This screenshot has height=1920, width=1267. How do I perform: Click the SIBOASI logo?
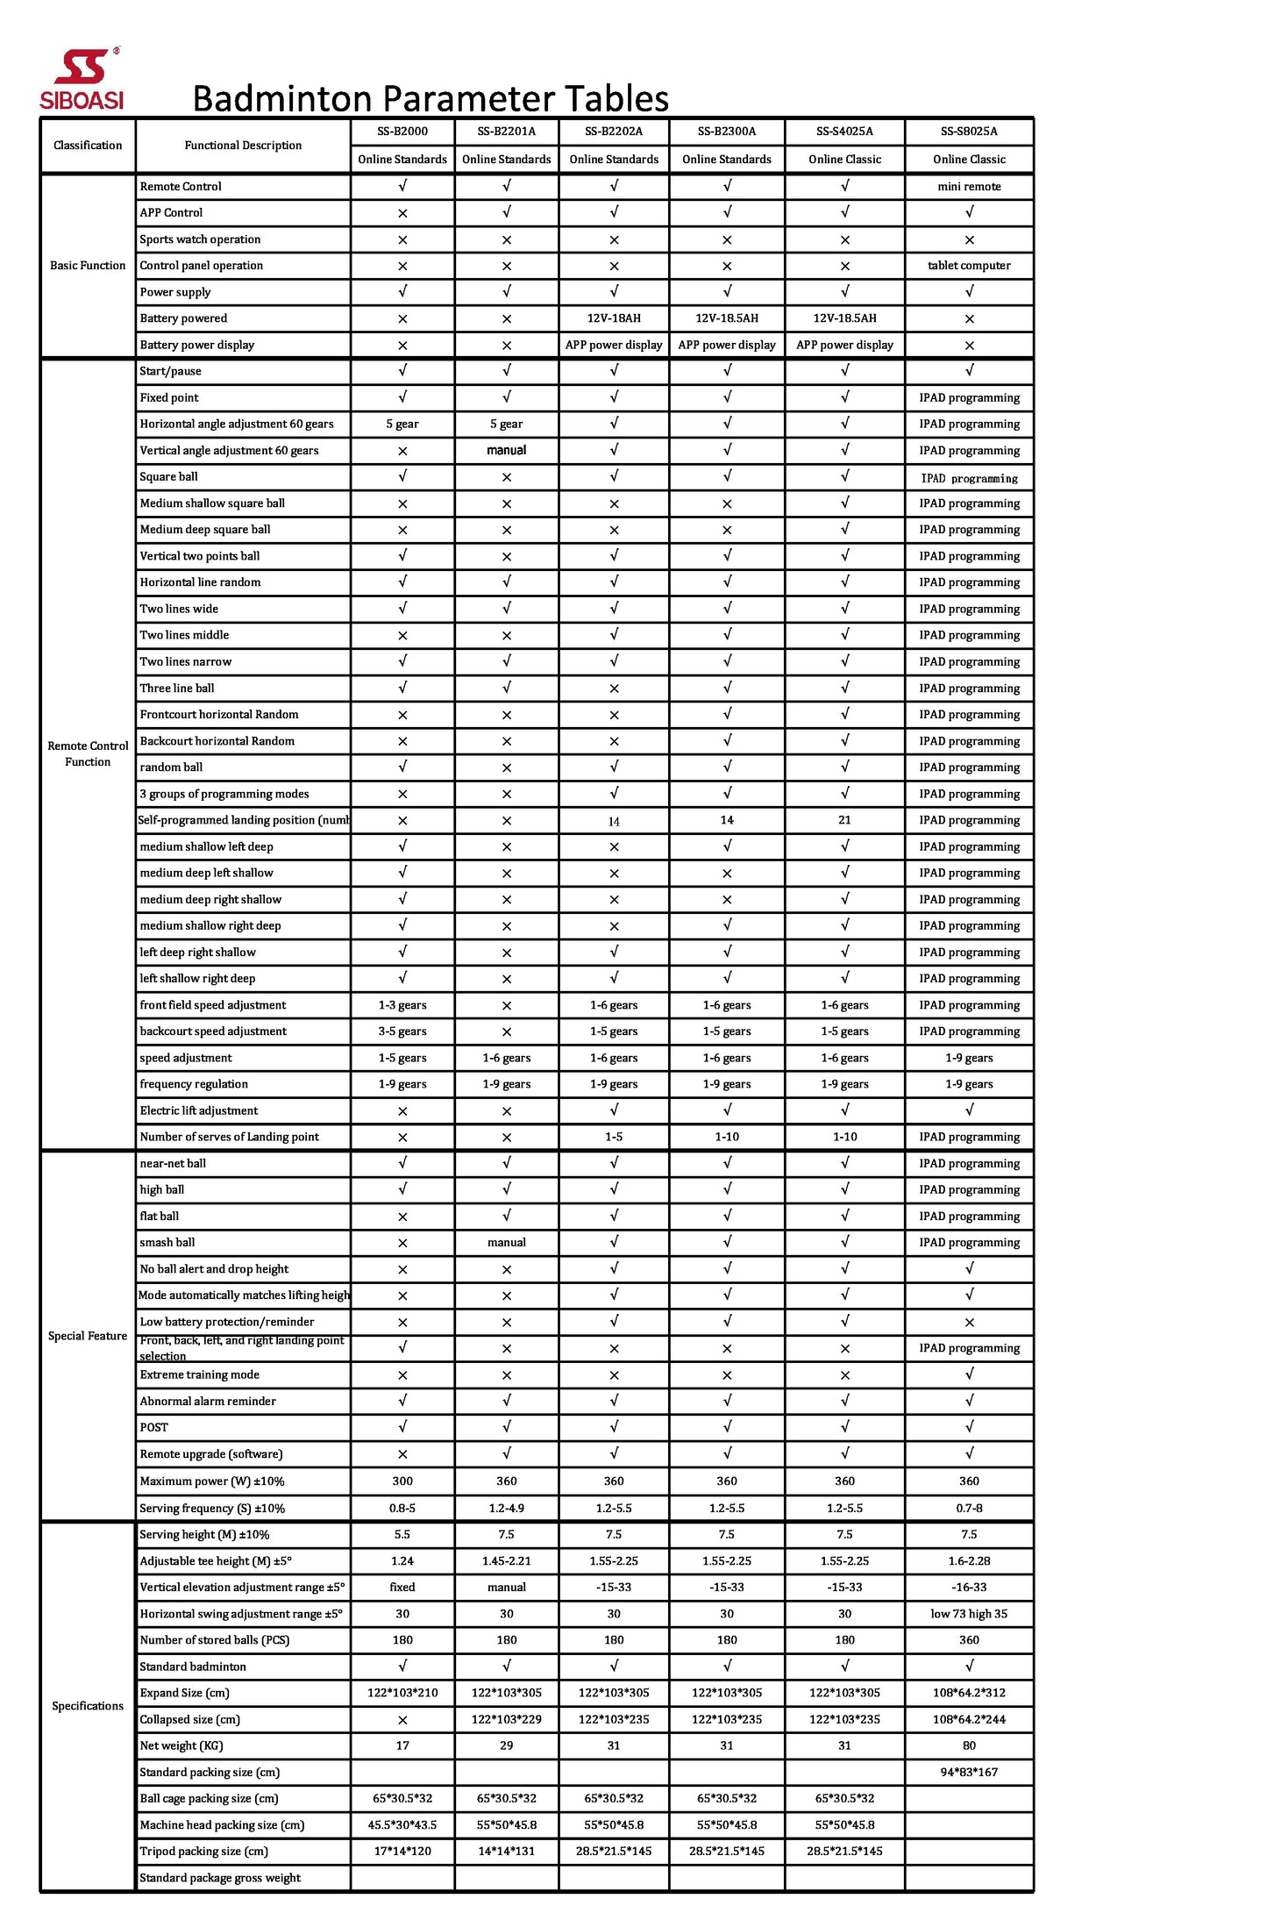[82, 80]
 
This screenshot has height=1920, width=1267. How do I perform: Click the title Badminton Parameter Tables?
[430, 98]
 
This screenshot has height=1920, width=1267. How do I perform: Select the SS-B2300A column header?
[726, 132]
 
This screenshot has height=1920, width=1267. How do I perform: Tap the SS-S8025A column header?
[968, 132]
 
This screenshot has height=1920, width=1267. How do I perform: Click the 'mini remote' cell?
[968, 187]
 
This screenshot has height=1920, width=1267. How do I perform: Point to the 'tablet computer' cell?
[968, 266]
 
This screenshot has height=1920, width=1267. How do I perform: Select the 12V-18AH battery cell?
[613, 318]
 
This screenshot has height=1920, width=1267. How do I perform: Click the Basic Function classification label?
[88, 266]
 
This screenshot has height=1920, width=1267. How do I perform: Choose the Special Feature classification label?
[88, 1336]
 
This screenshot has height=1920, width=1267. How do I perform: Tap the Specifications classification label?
[88, 1706]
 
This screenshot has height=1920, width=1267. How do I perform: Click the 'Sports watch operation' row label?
[200, 239]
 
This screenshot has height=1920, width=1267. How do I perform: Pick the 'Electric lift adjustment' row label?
[199, 1110]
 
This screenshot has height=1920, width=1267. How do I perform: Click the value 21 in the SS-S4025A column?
[844, 820]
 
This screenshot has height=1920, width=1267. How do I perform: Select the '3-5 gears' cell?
[402, 1031]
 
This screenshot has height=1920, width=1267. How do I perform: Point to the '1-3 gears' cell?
[402, 1005]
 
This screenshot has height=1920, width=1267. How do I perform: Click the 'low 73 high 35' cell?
[968, 1614]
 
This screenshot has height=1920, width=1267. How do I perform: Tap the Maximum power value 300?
[402, 1481]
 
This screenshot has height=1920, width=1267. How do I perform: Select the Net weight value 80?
[968, 1745]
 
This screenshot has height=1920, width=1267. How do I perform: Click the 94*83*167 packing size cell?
[968, 1772]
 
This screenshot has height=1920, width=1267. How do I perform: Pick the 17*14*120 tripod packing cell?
[402, 1851]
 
